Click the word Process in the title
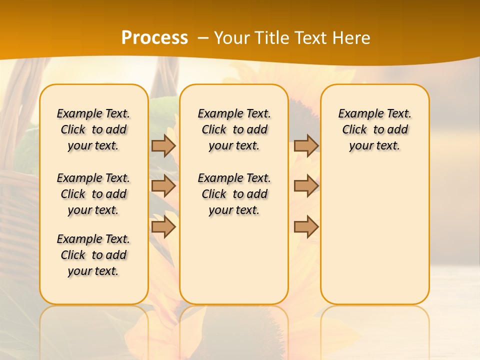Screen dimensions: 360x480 (x=154, y=38)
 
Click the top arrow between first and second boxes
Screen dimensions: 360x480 (x=163, y=145)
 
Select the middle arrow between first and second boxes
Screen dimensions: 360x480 (x=163, y=186)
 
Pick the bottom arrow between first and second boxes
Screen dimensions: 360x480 (x=163, y=227)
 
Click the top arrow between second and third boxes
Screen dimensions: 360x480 (x=306, y=145)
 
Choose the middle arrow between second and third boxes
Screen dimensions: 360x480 (x=306, y=186)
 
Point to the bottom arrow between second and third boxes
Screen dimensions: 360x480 (x=306, y=227)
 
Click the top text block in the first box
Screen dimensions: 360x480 (x=93, y=129)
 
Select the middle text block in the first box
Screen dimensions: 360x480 (x=93, y=194)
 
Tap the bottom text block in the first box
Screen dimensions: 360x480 (x=93, y=255)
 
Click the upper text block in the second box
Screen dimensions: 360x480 (x=234, y=129)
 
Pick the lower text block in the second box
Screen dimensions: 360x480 (x=234, y=194)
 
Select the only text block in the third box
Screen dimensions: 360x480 (x=374, y=129)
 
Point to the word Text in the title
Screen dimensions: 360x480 (x=310, y=38)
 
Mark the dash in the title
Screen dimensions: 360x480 (x=202, y=38)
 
